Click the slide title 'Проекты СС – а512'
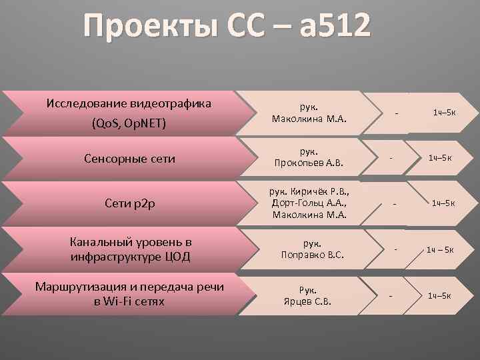tap(227, 28)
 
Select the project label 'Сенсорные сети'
tap(130, 159)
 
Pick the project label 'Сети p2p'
tap(129, 203)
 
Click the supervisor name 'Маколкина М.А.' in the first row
tap(309, 119)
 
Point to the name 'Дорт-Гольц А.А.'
tap(308, 203)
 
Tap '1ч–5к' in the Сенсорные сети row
tap(440, 157)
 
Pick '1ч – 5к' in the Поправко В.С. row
tap(440, 250)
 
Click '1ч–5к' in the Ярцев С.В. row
tap(440, 295)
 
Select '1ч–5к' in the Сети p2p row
tap(443, 203)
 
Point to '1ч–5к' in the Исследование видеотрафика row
tap(444, 112)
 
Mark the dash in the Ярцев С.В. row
tap(391, 295)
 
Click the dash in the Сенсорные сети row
tap(391, 157)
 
